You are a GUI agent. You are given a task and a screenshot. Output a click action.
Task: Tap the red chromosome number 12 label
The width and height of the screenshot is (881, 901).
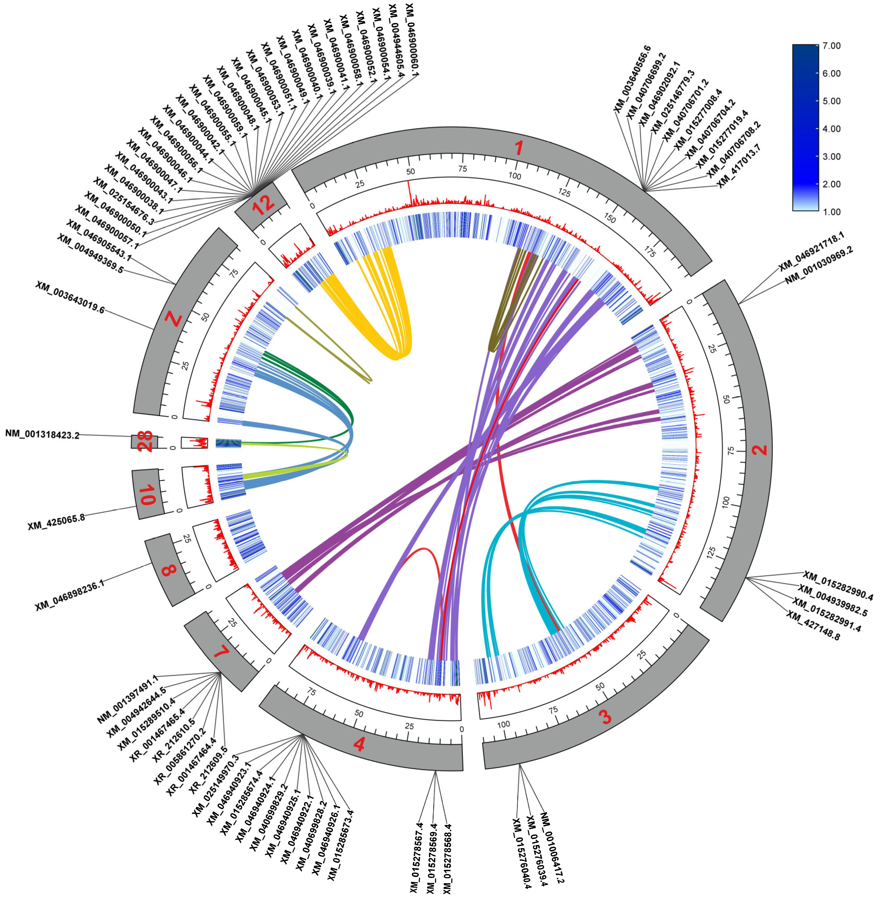[263, 204]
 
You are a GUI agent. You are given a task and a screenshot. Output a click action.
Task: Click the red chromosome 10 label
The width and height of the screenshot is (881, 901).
[147, 495]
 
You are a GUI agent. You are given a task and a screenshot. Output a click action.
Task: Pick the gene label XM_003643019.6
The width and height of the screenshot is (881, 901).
[70, 297]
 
